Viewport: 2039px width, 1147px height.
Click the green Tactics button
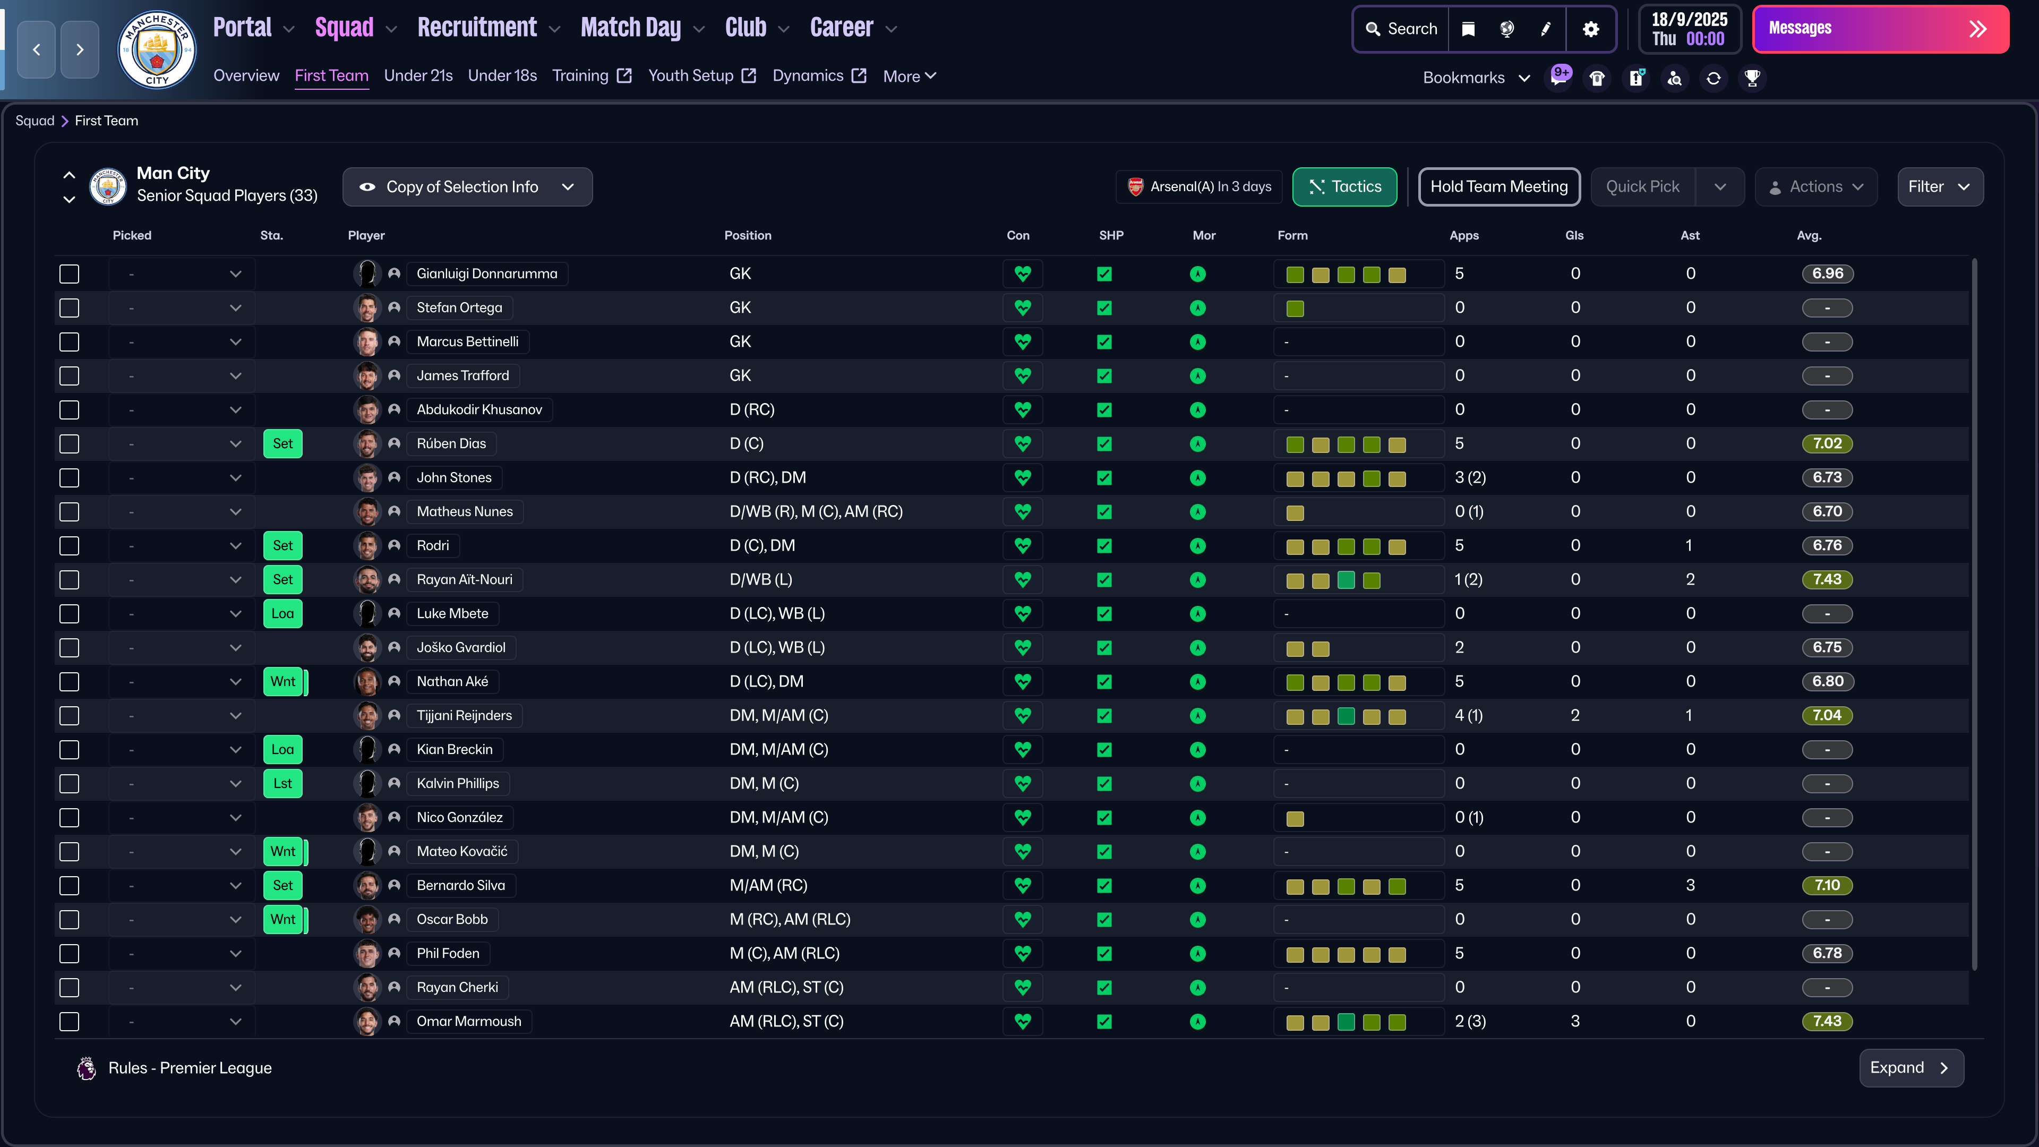click(x=1344, y=187)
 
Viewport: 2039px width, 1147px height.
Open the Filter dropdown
click(x=1939, y=187)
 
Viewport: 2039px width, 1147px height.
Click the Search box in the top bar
click(x=1402, y=29)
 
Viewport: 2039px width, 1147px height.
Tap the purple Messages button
click(x=1880, y=29)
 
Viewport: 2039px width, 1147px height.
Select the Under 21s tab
click(x=418, y=76)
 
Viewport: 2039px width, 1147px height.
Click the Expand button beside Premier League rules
click(x=1910, y=1068)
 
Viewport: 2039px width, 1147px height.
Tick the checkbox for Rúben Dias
click(x=70, y=444)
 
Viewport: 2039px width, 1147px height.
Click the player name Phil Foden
click(x=448, y=953)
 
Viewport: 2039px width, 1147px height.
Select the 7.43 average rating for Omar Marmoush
click(x=1827, y=1021)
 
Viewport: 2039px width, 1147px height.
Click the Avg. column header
click(x=1809, y=236)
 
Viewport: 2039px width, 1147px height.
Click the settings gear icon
click(x=1590, y=29)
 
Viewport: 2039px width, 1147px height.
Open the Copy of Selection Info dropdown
click(x=467, y=187)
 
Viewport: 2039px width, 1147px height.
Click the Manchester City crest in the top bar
click(x=157, y=49)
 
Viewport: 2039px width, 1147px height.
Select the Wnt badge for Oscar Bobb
click(x=282, y=919)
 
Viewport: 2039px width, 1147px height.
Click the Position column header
click(x=747, y=236)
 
